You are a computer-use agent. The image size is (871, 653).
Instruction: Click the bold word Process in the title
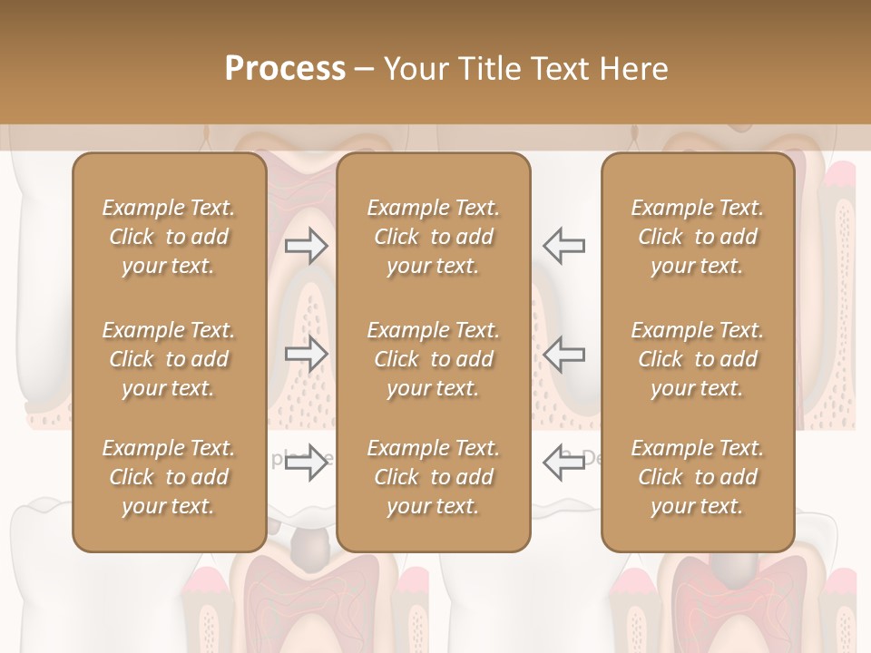(285, 69)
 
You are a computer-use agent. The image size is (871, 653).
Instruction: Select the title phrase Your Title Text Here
(525, 69)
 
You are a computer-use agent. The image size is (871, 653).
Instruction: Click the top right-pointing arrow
(306, 246)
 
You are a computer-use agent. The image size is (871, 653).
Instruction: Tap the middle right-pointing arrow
(306, 354)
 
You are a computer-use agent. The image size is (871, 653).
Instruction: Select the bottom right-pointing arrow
(306, 463)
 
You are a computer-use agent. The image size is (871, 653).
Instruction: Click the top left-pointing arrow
(564, 246)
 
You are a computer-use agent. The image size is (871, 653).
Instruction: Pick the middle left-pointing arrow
(564, 354)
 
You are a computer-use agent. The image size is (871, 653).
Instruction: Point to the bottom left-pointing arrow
(564, 463)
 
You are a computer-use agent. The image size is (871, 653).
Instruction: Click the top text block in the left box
(169, 237)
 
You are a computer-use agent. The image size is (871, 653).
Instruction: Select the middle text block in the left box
(169, 359)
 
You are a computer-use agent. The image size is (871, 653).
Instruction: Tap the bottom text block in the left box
(169, 477)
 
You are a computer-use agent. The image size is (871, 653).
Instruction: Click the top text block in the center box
(433, 237)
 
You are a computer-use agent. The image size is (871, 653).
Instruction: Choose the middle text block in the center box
(433, 359)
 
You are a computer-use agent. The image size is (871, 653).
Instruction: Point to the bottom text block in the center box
(433, 477)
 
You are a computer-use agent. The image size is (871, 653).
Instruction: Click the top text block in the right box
(698, 237)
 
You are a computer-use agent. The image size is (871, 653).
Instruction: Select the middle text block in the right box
(698, 359)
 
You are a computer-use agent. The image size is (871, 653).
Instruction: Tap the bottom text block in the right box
(698, 477)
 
